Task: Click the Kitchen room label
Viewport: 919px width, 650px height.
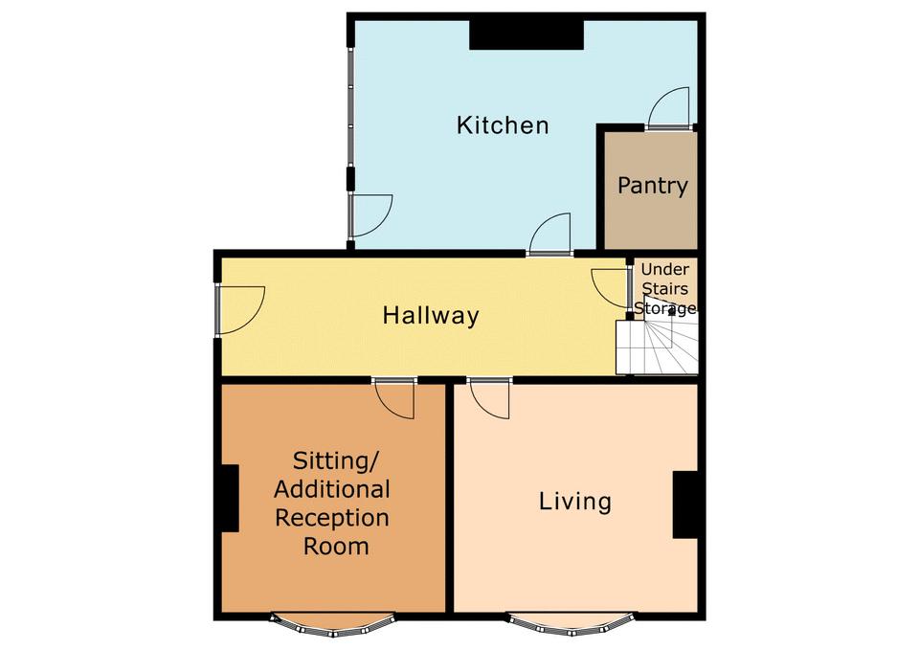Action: coord(503,125)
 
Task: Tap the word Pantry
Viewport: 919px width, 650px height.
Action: coord(652,187)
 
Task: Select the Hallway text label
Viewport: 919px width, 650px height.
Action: coord(431,316)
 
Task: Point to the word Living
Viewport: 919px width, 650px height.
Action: coord(575,503)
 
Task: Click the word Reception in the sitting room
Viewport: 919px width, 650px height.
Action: coord(332,519)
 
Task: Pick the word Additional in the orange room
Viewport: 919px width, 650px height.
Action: coord(332,489)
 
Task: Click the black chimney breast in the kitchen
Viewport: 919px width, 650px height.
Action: coord(527,35)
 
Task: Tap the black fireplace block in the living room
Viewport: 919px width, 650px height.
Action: coord(685,504)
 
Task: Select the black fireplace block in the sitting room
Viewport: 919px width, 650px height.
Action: coord(230,498)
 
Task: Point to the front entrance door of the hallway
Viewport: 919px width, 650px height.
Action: coord(240,310)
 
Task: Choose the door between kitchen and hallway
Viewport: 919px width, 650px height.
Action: coord(549,234)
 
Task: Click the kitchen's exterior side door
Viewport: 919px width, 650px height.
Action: coord(370,215)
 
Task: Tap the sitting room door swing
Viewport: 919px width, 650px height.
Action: coord(394,399)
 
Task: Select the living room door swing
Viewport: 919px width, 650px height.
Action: coord(489,399)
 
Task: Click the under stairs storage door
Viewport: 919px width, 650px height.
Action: coord(612,288)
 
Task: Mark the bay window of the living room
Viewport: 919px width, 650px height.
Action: coord(571,623)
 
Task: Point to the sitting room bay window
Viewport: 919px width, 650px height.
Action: coord(332,623)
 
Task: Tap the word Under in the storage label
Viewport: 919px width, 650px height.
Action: coord(664,270)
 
